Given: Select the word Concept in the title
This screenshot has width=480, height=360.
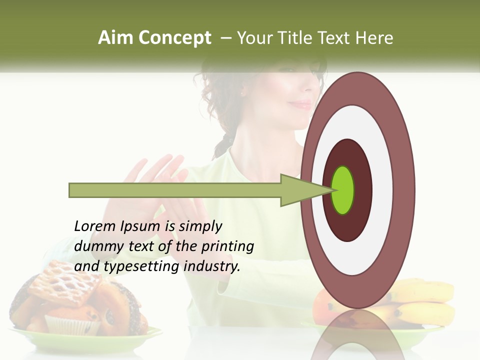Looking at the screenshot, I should (x=174, y=38).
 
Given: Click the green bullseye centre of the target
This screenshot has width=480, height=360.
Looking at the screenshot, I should (x=343, y=190).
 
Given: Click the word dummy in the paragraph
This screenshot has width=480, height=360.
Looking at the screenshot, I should (x=96, y=246).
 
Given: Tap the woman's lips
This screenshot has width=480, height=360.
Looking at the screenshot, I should (x=301, y=104).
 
